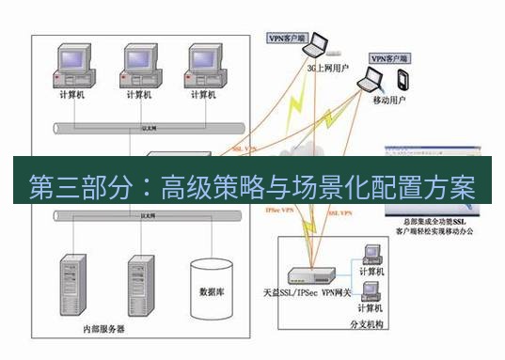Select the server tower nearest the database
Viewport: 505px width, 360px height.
tap(141, 284)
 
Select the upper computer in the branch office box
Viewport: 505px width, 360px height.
tap(369, 255)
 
